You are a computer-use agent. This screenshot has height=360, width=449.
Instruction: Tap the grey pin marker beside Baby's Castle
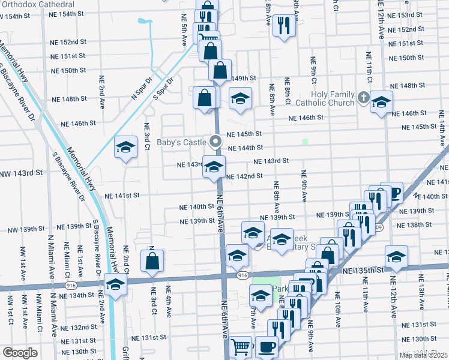pyautogui.click(x=216, y=142)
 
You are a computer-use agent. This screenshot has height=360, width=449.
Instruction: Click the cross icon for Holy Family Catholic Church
pyautogui.click(x=363, y=97)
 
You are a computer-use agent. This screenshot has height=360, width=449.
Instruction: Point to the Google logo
pyautogui.click(x=20, y=353)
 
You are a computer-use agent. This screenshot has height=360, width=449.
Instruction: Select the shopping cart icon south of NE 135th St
pyautogui.click(x=240, y=346)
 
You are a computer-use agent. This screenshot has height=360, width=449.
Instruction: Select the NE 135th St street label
pyautogui.click(x=363, y=271)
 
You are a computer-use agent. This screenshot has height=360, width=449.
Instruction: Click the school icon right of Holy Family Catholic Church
pyautogui.click(x=381, y=101)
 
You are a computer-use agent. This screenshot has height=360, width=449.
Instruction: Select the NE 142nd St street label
pyautogui.click(x=245, y=176)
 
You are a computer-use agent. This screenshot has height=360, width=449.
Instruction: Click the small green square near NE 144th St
pyautogui.click(x=305, y=142)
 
